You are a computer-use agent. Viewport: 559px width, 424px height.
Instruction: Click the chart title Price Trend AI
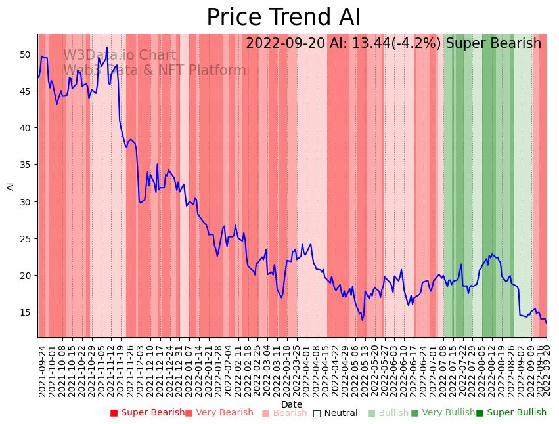(x=283, y=18)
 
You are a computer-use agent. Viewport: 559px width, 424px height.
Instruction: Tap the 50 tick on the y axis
(x=28, y=54)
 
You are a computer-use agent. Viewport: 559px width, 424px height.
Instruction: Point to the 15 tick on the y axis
(x=28, y=312)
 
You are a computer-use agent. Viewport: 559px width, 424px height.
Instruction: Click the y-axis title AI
(x=11, y=186)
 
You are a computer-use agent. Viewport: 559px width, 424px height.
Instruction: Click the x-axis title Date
(x=292, y=404)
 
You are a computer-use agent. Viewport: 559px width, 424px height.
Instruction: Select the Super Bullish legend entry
(x=511, y=413)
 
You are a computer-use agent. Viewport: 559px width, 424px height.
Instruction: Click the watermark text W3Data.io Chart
(x=120, y=56)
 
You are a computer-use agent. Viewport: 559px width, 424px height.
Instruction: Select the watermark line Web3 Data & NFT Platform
(x=154, y=70)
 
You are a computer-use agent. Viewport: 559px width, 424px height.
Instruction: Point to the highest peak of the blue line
(x=107, y=48)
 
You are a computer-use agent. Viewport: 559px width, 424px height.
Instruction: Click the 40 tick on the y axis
(x=28, y=128)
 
